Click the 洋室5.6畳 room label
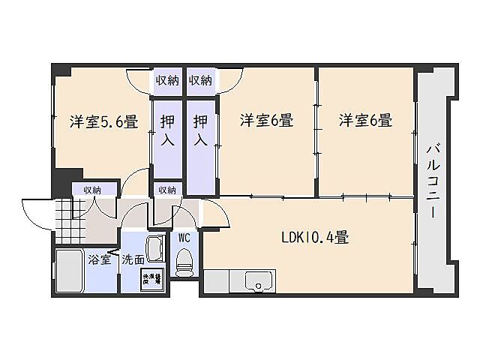click(x=103, y=121)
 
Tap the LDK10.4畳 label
click(x=314, y=238)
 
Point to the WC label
click(x=184, y=238)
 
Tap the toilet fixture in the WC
click(x=182, y=262)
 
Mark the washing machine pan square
click(x=152, y=279)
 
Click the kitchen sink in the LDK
click(x=260, y=283)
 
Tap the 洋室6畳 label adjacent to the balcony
click(x=365, y=120)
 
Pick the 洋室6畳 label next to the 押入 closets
click(x=266, y=120)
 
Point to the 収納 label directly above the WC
click(x=166, y=190)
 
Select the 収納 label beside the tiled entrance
click(x=93, y=190)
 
